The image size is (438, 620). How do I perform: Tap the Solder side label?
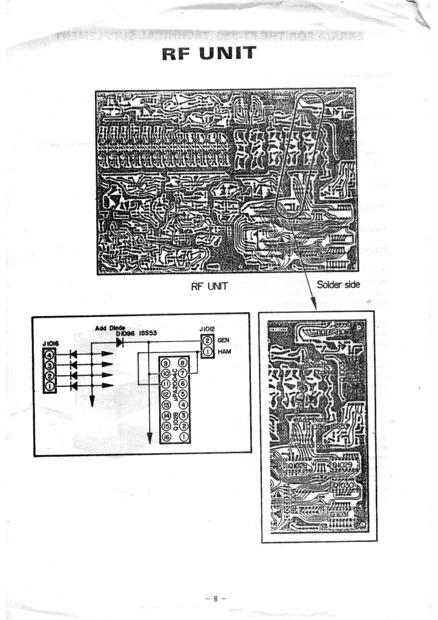pos(338,284)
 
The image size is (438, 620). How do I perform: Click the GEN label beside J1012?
pos(224,341)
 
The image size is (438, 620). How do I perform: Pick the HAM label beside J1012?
pos(225,351)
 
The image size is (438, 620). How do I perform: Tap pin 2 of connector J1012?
pos(207,341)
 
